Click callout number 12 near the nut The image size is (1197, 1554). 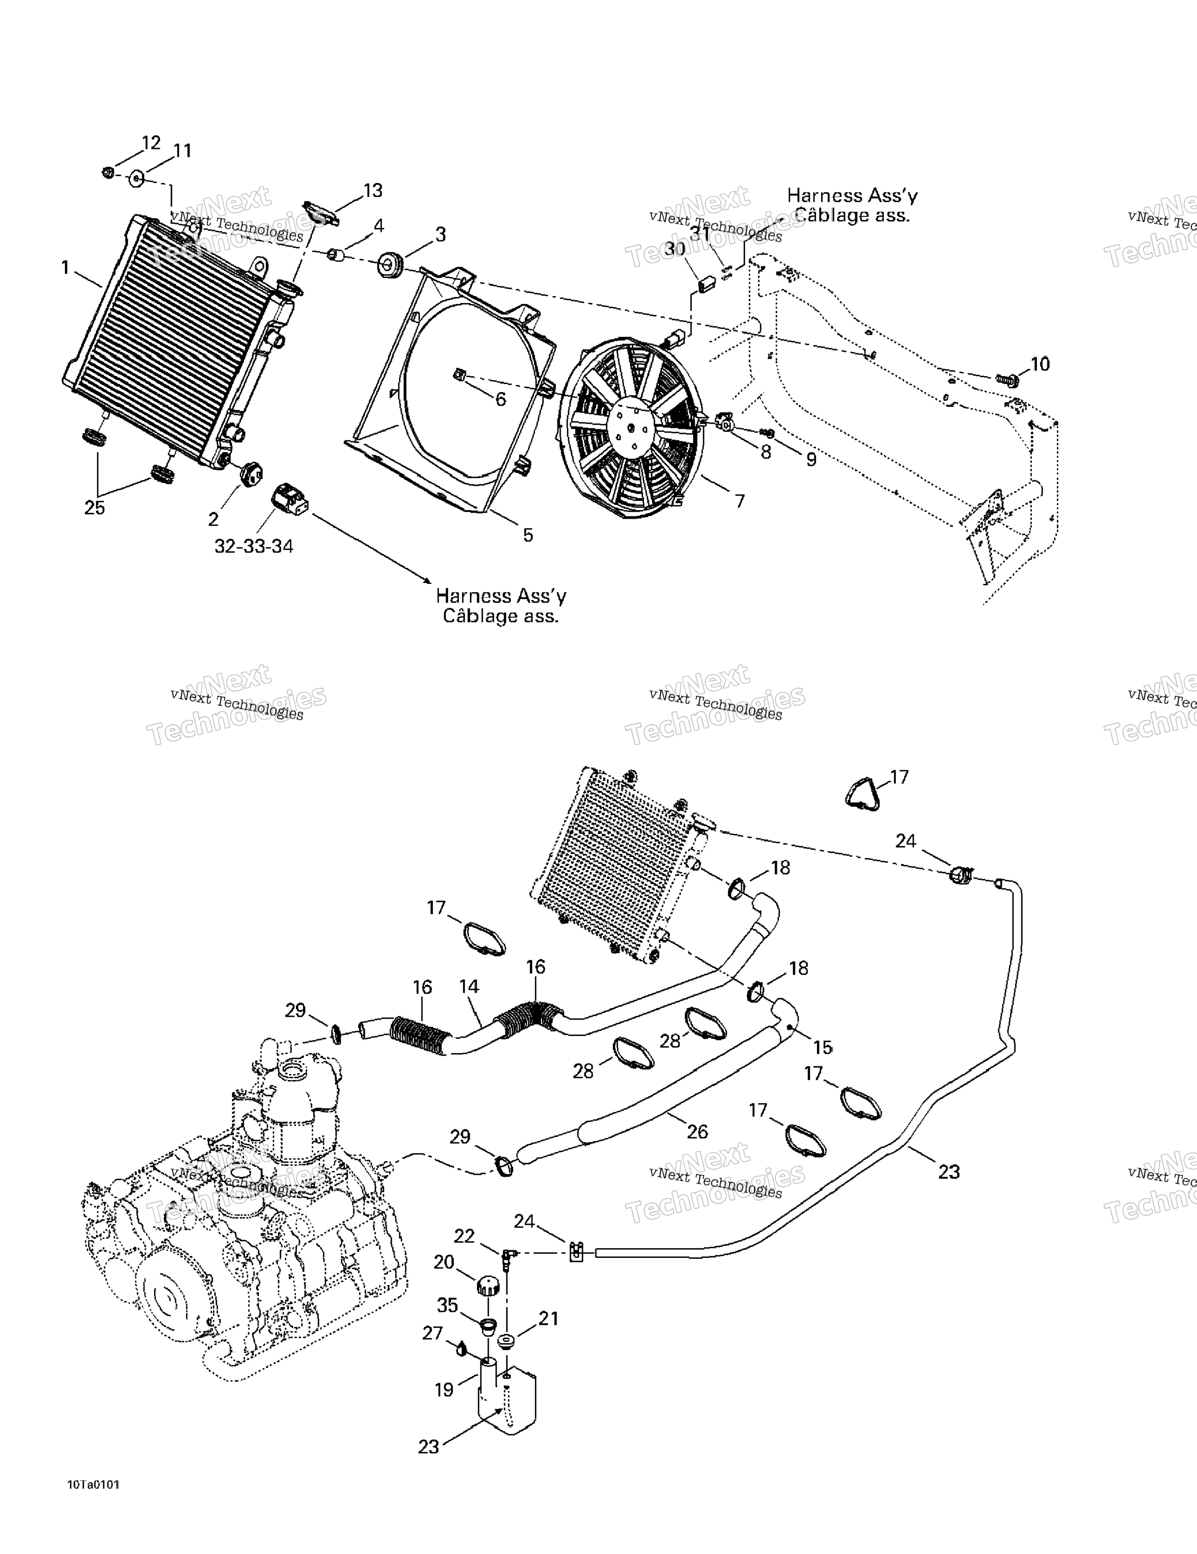click(x=151, y=143)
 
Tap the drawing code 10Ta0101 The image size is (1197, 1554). click(x=94, y=1484)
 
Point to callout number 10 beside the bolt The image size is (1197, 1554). click(x=1040, y=364)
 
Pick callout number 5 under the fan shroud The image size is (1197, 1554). click(x=527, y=535)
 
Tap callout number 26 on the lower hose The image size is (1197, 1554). click(x=698, y=1131)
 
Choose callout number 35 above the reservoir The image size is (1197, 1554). click(x=448, y=1305)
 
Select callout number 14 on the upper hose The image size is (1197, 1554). click(x=469, y=986)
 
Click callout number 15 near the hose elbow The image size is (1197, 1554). click(x=823, y=1047)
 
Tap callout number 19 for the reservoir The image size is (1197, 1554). click(x=444, y=1390)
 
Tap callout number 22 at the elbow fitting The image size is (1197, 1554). click(x=464, y=1236)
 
